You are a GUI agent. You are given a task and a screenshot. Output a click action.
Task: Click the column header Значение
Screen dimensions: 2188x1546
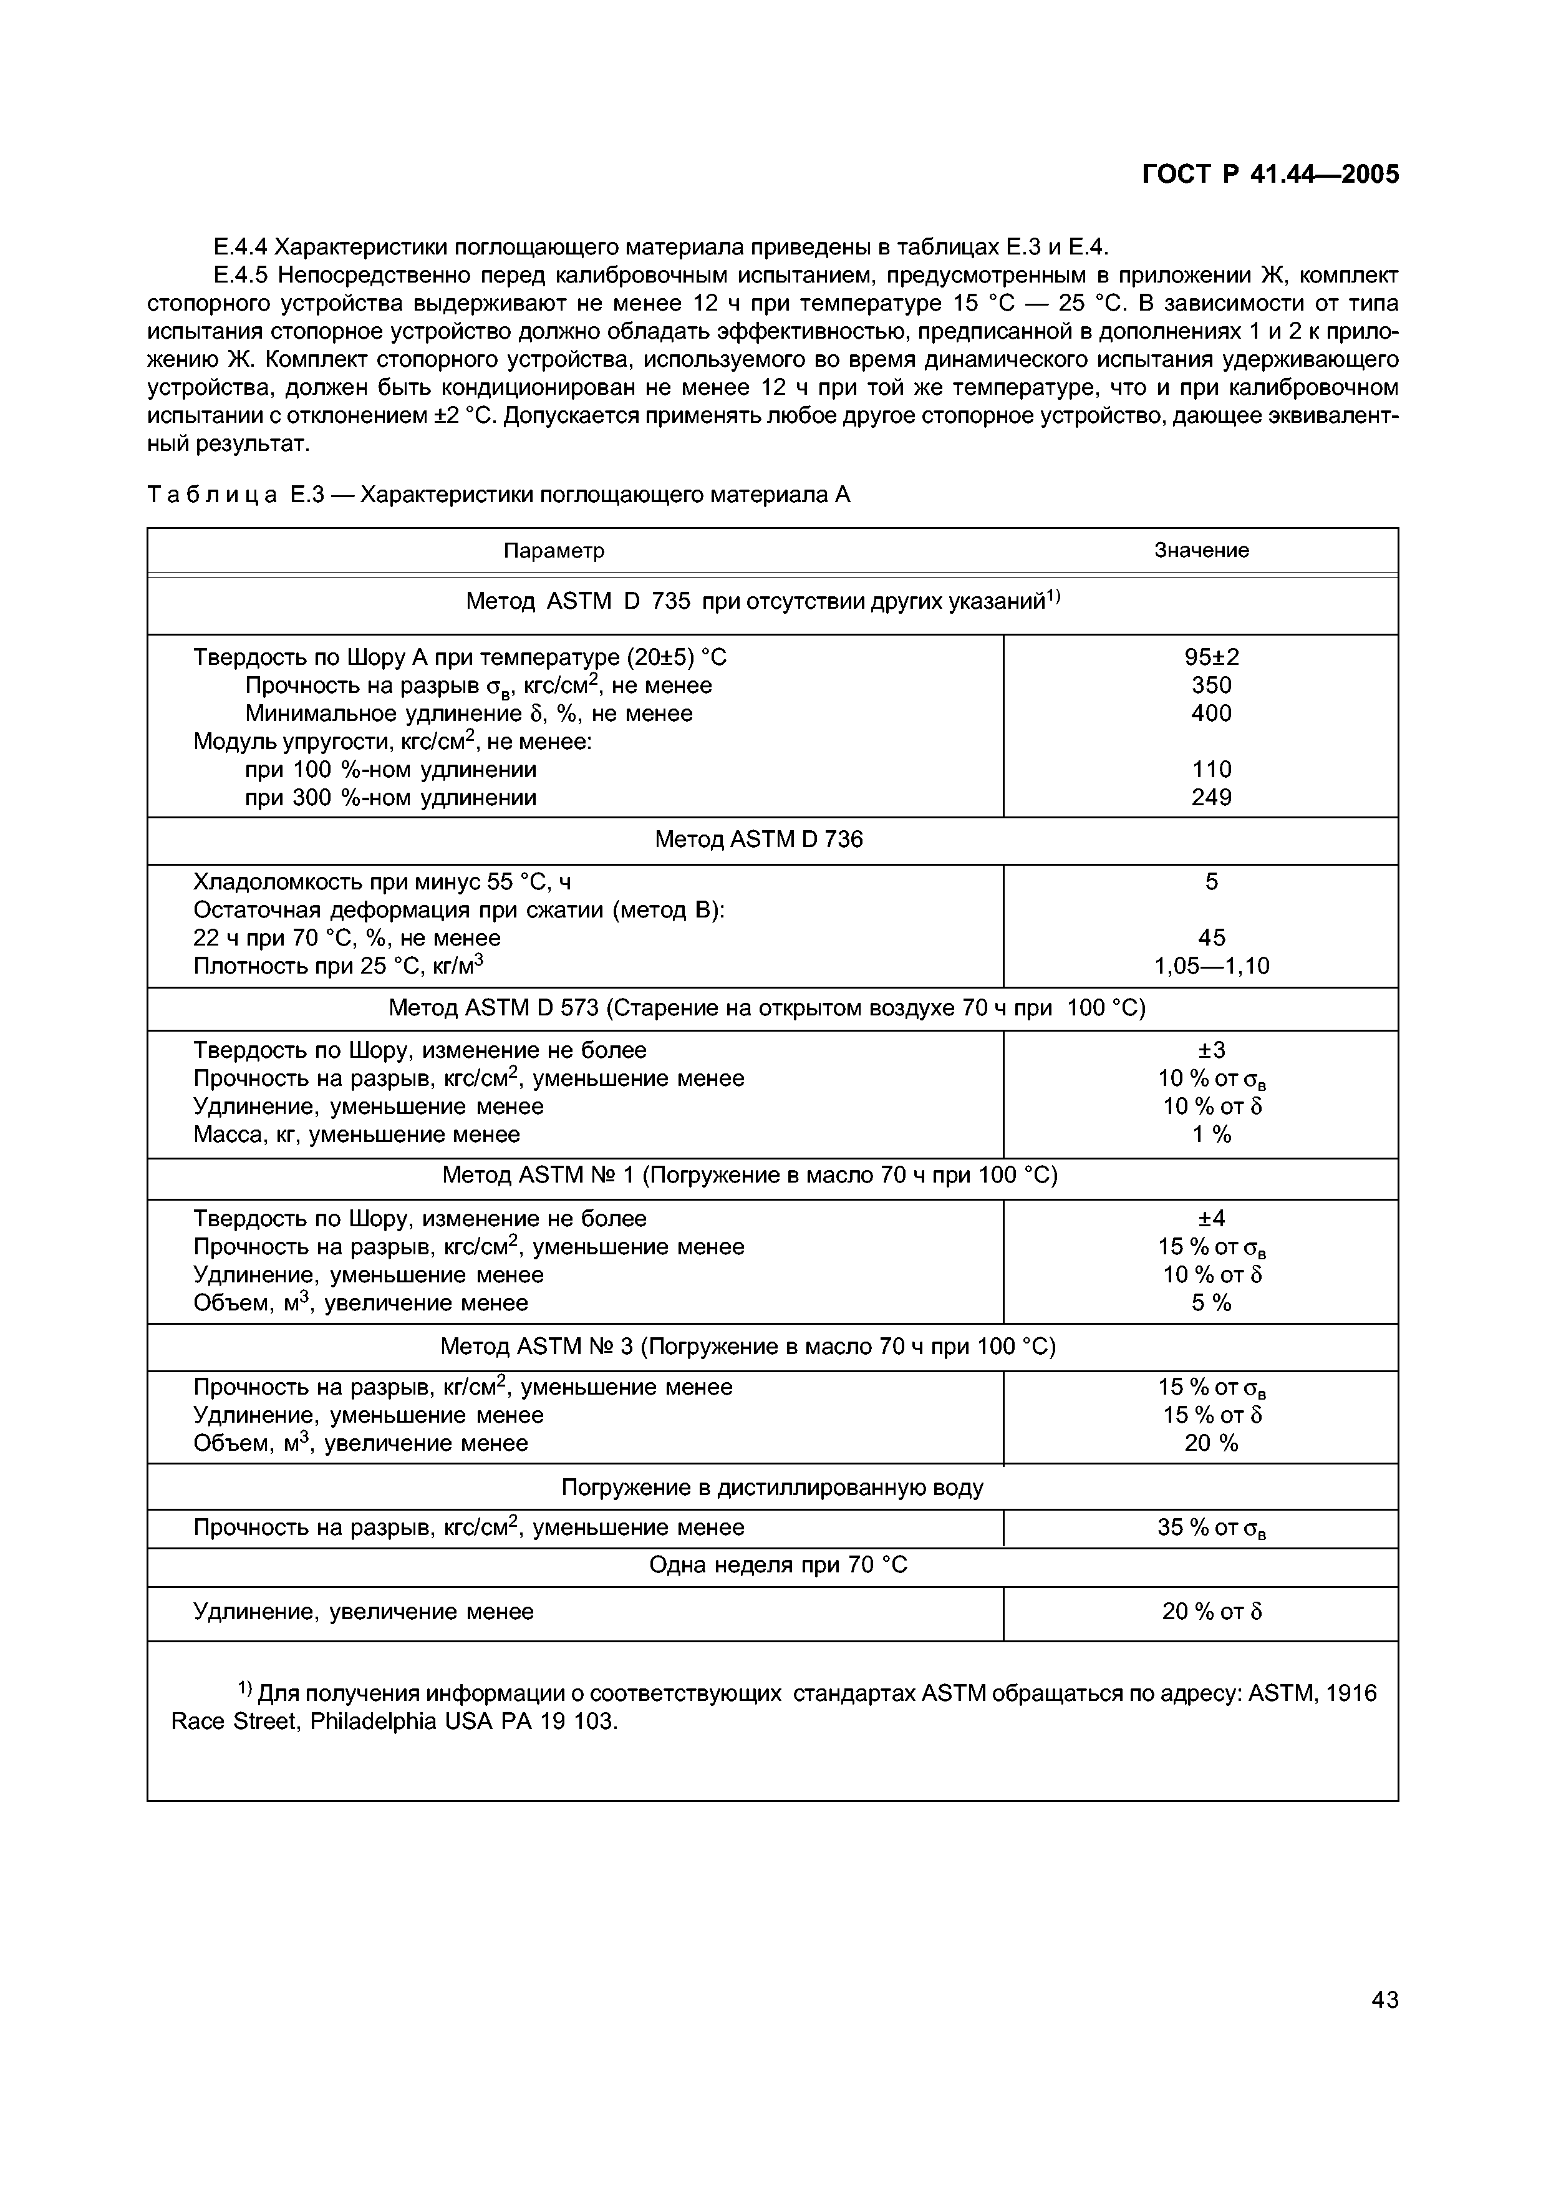point(1201,550)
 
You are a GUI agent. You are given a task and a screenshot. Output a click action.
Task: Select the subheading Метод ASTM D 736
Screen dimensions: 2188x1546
point(759,840)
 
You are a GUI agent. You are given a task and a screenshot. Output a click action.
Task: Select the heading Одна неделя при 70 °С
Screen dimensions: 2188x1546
point(778,1566)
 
